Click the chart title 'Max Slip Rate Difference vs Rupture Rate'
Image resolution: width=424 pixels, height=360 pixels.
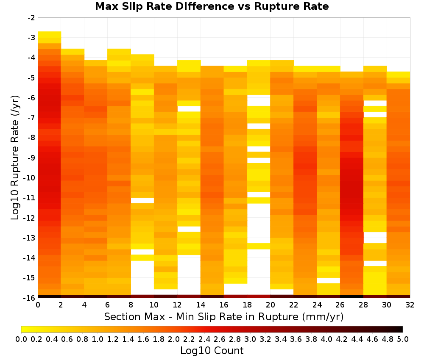(212, 6)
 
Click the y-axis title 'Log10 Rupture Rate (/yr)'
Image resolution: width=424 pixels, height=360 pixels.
(15, 158)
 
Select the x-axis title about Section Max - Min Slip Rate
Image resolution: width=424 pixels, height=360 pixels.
(223, 316)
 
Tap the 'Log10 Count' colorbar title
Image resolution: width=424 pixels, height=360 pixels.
(212, 351)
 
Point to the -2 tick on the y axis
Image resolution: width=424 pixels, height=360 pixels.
(31, 18)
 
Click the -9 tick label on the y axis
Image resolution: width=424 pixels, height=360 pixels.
(31, 158)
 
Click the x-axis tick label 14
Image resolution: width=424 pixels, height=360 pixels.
(201, 305)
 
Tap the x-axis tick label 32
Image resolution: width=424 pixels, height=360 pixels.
(410, 305)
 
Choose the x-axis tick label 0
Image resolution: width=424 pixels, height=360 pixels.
(38, 305)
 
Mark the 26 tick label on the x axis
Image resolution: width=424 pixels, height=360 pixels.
(340, 305)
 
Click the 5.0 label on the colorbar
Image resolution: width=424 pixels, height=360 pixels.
(403, 339)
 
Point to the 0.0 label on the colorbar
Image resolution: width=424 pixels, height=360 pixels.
(21, 339)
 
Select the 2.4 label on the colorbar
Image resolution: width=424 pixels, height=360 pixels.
(204, 339)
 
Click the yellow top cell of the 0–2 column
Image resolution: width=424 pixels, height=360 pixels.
(50, 34)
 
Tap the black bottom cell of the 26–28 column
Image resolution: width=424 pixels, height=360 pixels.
(351, 296)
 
